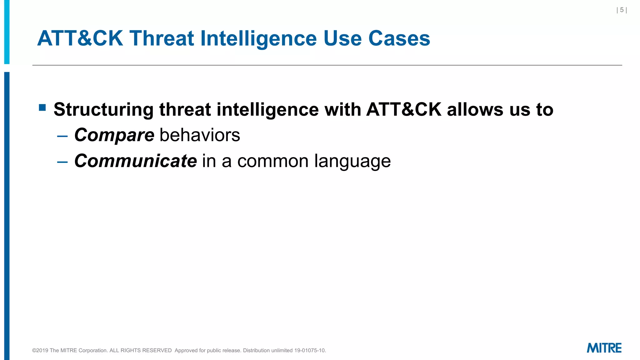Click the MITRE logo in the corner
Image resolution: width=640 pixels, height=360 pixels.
click(604, 348)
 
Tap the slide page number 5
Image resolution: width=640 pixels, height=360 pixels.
click(622, 10)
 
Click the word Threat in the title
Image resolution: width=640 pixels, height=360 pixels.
click(162, 38)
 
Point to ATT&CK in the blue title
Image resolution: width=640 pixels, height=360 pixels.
click(80, 38)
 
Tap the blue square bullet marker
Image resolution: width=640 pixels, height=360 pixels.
click(42, 108)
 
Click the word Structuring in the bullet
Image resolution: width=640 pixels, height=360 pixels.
click(103, 110)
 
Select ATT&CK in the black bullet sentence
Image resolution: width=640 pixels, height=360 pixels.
click(404, 110)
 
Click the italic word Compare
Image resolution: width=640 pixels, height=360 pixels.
click(114, 135)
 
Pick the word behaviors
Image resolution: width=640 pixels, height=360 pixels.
click(200, 135)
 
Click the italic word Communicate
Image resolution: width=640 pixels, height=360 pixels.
click(135, 161)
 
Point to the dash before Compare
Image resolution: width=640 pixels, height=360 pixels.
click(62, 136)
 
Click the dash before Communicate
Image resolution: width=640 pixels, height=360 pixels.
click(62, 162)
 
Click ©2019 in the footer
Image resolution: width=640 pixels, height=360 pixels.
click(40, 350)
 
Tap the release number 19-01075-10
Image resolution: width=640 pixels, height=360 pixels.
click(309, 350)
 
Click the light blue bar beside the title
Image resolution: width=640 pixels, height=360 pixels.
click(7, 31)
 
